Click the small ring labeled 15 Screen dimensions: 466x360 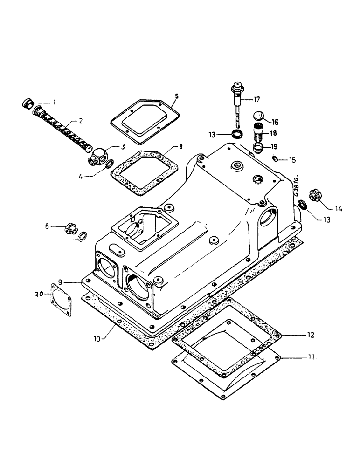276,160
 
